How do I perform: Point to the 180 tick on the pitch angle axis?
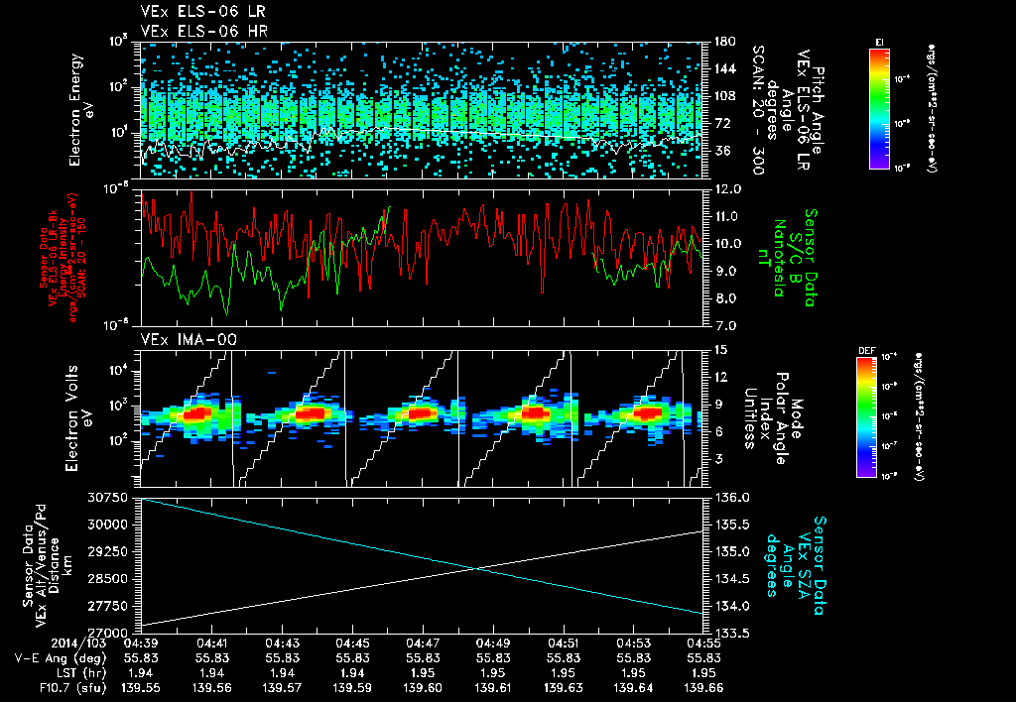tap(722, 42)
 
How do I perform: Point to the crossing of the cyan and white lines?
tap(479, 568)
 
